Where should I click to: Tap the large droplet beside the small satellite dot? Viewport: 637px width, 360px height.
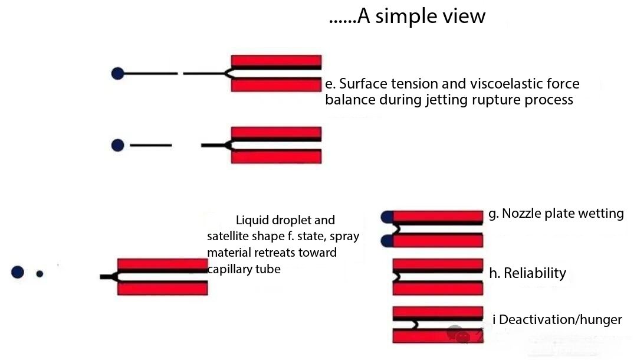tap(18, 272)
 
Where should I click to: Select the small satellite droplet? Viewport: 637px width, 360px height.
tap(40, 274)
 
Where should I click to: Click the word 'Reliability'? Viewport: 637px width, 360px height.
tap(534, 273)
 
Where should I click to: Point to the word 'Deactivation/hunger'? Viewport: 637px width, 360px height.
tap(560, 319)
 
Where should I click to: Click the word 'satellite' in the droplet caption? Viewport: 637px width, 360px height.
tap(229, 236)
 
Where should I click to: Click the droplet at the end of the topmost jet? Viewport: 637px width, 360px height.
tap(117, 74)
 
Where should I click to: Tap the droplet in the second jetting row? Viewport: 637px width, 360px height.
tap(117, 145)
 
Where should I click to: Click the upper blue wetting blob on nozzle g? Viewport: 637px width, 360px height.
tap(387, 217)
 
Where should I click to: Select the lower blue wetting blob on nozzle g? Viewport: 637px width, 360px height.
tap(387, 241)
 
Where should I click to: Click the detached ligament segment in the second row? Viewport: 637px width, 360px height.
tap(151, 145)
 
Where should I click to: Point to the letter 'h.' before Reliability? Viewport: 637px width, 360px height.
tap(495, 273)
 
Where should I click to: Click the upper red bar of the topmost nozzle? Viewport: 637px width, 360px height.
tap(276, 60)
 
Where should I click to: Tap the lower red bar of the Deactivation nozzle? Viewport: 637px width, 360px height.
tap(438, 336)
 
